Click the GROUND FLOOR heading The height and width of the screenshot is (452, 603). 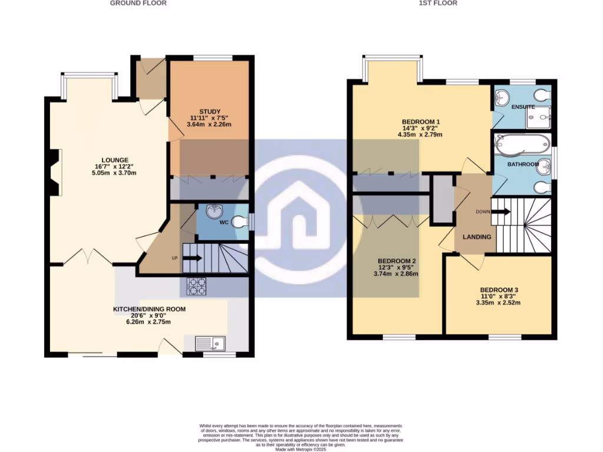[138, 3]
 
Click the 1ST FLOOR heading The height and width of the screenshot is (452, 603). [438, 3]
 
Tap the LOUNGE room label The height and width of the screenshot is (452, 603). [115, 160]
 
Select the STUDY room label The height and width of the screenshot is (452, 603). [208, 111]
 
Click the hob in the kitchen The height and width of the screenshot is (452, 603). [197, 285]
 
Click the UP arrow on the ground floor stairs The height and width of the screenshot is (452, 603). [193, 258]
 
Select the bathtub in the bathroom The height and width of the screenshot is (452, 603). [521, 142]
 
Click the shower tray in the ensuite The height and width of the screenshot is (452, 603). [541, 116]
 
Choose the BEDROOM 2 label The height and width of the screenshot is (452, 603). [397, 261]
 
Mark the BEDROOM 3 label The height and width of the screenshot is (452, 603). [499, 290]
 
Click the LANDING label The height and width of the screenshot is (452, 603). [476, 237]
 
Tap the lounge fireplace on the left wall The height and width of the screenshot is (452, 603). [55, 172]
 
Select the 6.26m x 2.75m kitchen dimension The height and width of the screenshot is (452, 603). [150, 322]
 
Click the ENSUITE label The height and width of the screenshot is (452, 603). [523, 107]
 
